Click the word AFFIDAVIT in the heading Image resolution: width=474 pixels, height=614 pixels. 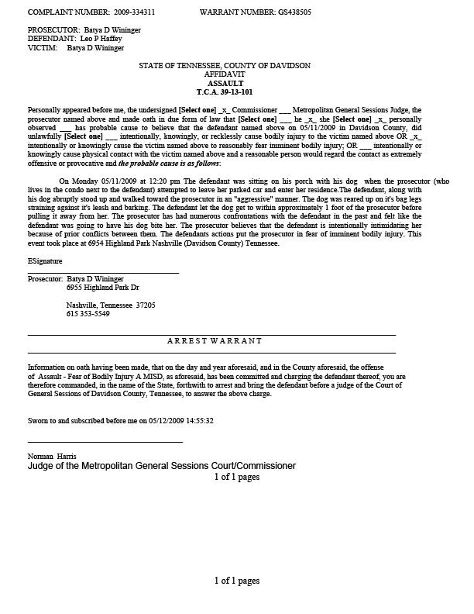click(225, 74)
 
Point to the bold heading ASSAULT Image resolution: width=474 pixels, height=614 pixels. click(225, 83)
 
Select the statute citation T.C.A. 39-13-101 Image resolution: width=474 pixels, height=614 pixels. click(225, 91)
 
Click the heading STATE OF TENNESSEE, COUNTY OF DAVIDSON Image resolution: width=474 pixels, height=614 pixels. click(225, 66)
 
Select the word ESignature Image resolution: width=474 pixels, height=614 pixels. click(45, 261)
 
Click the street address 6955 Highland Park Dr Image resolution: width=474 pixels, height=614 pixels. click(102, 287)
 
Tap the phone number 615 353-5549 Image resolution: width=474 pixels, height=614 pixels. click(88, 314)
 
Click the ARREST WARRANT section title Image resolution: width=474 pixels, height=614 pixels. click(215, 341)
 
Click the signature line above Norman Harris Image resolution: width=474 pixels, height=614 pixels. click(105, 442)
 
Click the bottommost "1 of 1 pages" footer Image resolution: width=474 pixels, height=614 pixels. click(236, 581)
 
